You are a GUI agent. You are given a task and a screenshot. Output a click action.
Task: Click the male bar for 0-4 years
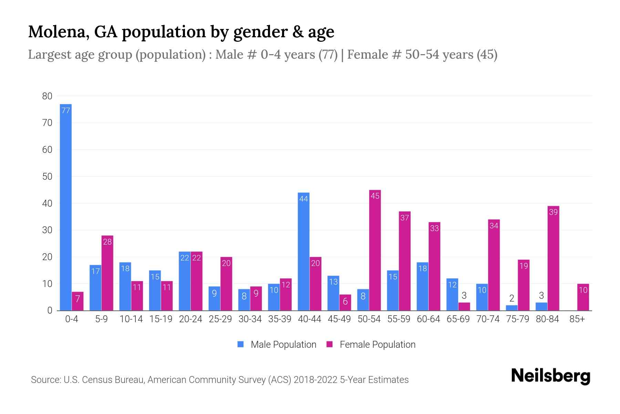pyautogui.click(x=65, y=207)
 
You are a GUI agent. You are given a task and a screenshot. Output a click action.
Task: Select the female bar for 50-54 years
pyautogui.click(x=375, y=250)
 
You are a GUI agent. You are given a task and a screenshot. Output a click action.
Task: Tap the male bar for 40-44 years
pyautogui.click(x=303, y=252)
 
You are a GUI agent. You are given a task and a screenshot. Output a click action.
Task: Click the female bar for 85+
pyautogui.click(x=583, y=297)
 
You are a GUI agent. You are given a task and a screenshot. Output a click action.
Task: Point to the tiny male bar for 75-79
pyautogui.click(x=511, y=308)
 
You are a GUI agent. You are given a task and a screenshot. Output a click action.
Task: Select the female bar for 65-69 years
pyautogui.click(x=464, y=306)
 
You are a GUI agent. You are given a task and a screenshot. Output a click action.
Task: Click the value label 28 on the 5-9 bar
pyautogui.click(x=107, y=242)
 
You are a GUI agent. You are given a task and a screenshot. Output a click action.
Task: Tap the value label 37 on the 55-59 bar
pyautogui.click(x=404, y=218)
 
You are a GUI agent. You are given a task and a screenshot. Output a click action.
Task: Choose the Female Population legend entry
pyautogui.click(x=371, y=344)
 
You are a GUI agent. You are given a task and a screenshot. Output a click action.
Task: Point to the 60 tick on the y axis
pyautogui.click(x=47, y=150)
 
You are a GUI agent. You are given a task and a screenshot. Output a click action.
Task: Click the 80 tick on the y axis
pyautogui.click(x=47, y=96)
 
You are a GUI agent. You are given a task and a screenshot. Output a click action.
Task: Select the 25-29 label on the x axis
pyautogui.click(x=220, y=319)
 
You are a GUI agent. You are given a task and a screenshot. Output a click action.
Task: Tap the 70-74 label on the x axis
pyautogui.click(x=488, y=319)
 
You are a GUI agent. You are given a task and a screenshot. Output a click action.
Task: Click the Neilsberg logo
pyautogui.click(x=550, y=376)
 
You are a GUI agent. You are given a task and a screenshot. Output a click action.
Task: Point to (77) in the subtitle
pyautogui.click(x=328, y=55)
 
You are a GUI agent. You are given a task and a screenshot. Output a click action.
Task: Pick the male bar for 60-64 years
pyautogui.click(x=422, y=286)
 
